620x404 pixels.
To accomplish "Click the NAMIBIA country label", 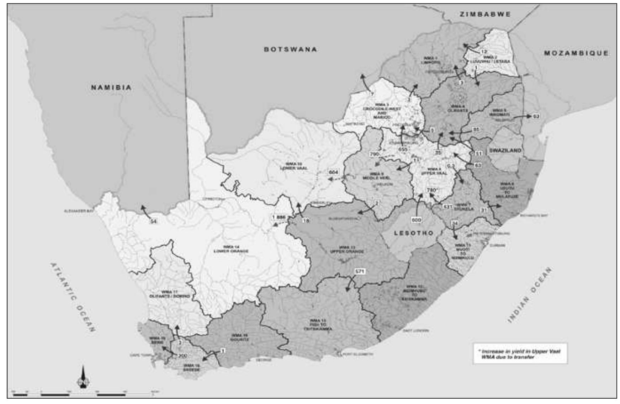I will click(111, 87).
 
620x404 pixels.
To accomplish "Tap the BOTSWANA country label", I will click(290, 49).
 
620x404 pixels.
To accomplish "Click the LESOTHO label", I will click(414, 233).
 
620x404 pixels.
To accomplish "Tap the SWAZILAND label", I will click(505, 150).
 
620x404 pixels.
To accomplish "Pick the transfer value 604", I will click(334, 172).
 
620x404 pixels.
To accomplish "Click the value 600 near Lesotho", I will click(416, 220).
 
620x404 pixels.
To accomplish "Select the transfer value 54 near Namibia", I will click(153, 222).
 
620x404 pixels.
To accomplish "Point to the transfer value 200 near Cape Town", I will click(182, 355).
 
